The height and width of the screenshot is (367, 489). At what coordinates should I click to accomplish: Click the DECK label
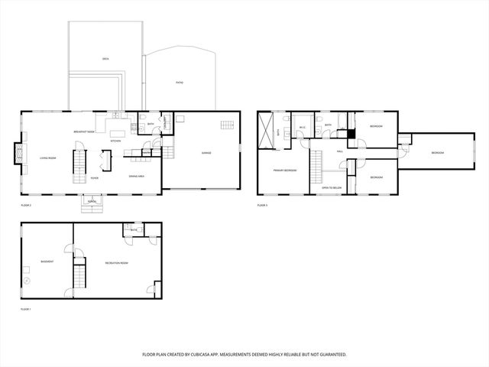[x=105, y=59]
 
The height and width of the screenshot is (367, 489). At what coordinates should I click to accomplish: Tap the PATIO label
[x=180, y=82]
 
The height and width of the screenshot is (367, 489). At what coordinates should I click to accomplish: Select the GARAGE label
[x=206, y=153]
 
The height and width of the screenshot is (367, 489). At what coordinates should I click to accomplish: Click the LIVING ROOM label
[x=47, y=158]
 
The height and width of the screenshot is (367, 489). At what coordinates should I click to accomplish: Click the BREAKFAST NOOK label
[x=84, y=132]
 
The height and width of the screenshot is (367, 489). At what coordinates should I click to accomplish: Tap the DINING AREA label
[x=138, y=177]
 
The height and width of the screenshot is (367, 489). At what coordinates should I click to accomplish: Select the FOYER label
[x=94, y=178]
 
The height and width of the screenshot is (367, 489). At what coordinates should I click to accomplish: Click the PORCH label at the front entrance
[x=93, y=203]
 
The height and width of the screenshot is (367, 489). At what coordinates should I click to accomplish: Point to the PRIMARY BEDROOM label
[x=285, y=171]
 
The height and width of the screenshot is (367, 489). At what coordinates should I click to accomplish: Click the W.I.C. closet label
[x=303, y=128]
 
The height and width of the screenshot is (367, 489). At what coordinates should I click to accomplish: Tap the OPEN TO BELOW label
[x=330, y=187]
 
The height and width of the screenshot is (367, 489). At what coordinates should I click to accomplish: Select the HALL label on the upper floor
[x=340, y=151]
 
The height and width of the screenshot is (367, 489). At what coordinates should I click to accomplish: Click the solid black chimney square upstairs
[x=352, y=135]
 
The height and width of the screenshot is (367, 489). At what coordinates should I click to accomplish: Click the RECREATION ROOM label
[x=116, y=263]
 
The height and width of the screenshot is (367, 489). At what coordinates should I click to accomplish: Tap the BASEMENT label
[x=47, y=261]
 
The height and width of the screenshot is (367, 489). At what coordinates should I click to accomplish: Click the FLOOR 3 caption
[x=262, y=206]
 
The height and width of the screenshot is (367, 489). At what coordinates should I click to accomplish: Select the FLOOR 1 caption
[x=26, y=309]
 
